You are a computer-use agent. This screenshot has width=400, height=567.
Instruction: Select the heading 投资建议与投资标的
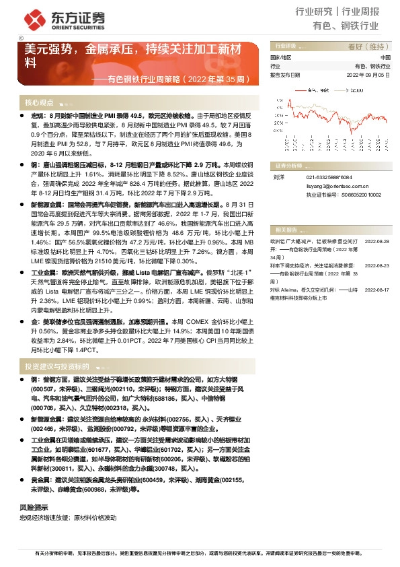pos(57,366)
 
